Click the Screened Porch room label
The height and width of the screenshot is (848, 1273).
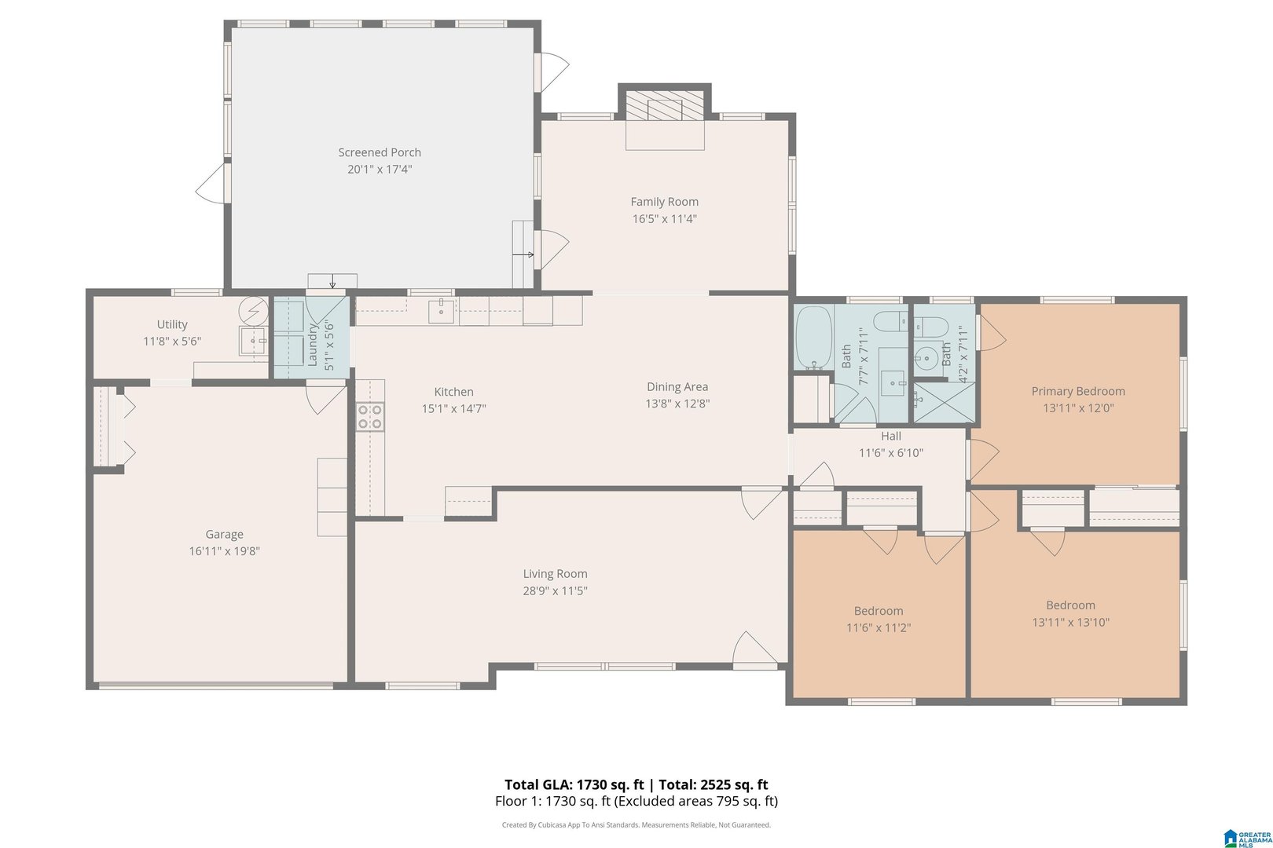pos(380,152)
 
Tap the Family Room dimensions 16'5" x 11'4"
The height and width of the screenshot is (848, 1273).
pos(664,218)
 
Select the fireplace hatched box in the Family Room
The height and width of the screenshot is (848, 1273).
pos(664,105)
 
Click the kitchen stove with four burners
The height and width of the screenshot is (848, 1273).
pos(370,416)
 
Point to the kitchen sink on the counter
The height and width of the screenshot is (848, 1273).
pos(441,311)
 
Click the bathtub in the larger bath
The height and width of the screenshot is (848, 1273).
pos(814,338)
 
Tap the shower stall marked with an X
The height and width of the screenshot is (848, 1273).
pos(945,402)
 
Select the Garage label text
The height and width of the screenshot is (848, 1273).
pos(225,534)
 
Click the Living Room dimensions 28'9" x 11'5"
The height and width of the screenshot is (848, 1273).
pos(556,590)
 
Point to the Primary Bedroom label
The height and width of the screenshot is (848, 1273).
pos(1078,391)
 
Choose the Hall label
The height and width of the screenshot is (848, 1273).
pos(891,437)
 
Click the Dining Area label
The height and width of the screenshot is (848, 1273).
pos(677,387)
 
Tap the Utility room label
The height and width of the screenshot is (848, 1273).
pos(172,324)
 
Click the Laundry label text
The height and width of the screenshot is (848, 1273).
pos(312,345)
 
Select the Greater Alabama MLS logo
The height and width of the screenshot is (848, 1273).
pos(1248,839)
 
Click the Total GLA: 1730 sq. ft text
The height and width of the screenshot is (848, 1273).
pos(574,784)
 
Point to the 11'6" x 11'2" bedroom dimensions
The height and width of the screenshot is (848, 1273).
pos(879,627)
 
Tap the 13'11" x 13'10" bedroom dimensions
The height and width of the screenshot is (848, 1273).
pos(1071,622)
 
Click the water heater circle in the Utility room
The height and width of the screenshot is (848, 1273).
pos(254,310)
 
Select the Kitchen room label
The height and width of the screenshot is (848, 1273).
pos(453,392)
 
